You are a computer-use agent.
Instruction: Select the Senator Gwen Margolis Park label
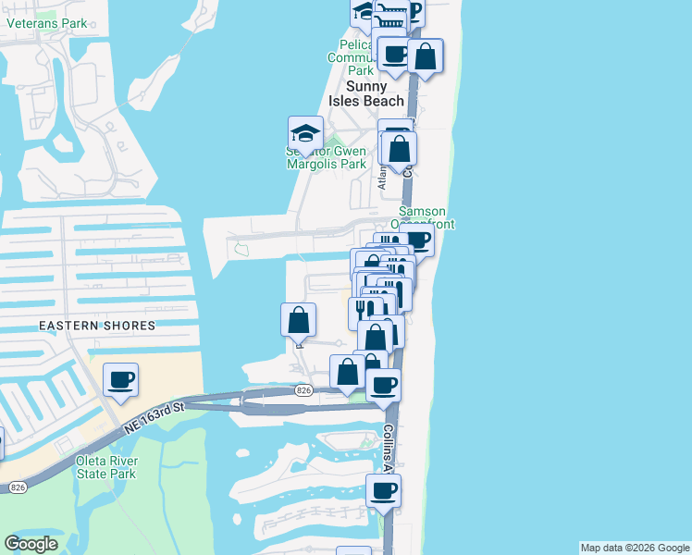[326, 157]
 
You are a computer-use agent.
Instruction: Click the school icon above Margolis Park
[305, 133]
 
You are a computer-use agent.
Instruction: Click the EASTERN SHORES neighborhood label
[97, 326]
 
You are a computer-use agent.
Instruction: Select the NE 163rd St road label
[154, 418]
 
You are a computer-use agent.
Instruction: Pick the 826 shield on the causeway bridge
[303, 390]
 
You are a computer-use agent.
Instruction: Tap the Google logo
[31, 544]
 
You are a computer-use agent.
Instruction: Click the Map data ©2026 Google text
[634, 548]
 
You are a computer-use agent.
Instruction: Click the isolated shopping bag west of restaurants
[298, 321]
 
